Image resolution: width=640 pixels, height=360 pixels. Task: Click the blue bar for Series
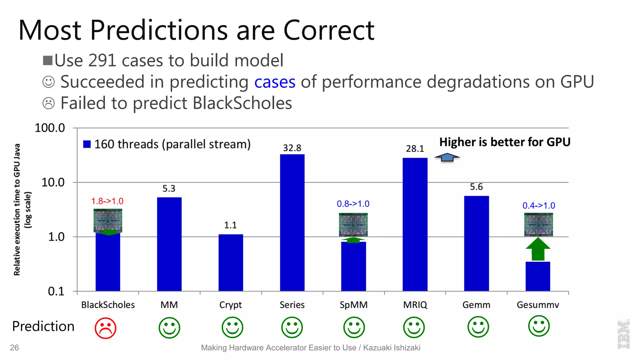click(x=292, y=222)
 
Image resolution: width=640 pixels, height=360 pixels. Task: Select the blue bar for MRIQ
click(x=415, y=224)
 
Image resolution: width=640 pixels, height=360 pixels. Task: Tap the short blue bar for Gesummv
click(x=537, y=276)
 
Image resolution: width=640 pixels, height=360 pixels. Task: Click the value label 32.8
click(x=292, y=148)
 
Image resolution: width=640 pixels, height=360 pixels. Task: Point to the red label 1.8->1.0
click(x=107, y=201)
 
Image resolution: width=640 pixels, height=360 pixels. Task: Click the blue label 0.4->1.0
click(x=538, y=206)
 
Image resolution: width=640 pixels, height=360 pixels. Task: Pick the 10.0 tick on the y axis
click(x=53, y=182)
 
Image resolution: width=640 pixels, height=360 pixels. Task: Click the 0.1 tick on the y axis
click(x=56, y=291)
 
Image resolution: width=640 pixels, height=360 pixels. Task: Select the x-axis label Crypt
click(x=230, y=305)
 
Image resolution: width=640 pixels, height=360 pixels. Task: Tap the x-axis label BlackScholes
click(x=108, y=305)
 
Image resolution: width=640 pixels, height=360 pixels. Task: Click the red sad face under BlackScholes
click(x=106, y=328)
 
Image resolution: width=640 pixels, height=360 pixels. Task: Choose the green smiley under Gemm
click(x=478, y=327)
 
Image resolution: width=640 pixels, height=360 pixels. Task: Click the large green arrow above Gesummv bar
click(x=538, y=249)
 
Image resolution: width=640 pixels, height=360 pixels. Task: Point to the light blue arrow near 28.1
click(x=447, y=157)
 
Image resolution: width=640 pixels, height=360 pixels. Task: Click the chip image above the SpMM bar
click(x=353, y=225)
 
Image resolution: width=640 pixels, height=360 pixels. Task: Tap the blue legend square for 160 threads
click(x=87, y=144)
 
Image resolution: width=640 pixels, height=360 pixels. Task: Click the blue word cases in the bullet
click(x=275, y=82)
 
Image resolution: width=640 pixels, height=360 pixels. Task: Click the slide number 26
click(x=14, y=347)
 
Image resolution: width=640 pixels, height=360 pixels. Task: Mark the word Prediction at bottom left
click(x=43, y=326)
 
